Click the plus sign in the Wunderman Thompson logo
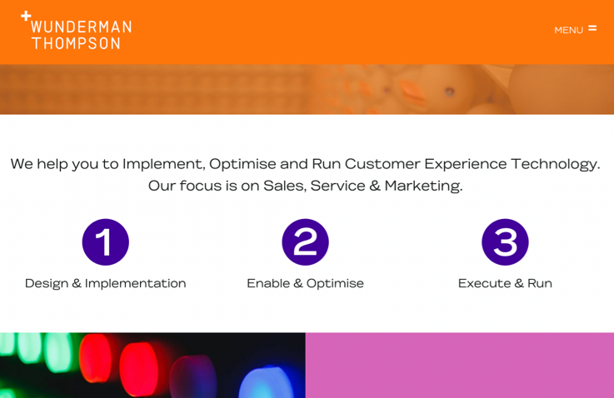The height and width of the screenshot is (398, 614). (x=26, y=16)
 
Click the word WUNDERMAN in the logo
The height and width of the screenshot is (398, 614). (x=81, y=27)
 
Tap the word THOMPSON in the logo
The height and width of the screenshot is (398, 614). (x=76, y=43)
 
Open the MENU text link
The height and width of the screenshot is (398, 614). (x=568, y=30)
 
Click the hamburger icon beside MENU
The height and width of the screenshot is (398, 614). (x=592, y=28)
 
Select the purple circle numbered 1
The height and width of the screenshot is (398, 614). (x=105, y=242)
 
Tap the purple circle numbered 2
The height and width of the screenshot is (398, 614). (x=305, y=242)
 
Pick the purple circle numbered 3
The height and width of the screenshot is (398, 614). (x=505, y=242)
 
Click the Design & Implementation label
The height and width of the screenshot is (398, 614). (x=105, y=283)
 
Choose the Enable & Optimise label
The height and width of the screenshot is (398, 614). (x=305, y=283)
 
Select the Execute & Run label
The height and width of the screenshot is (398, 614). (x=505, y=283)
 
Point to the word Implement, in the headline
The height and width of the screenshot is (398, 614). (x=163, y=164)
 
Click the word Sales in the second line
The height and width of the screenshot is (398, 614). (x=282, y=186)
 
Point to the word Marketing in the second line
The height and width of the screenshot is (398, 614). (x=422, y=186)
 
